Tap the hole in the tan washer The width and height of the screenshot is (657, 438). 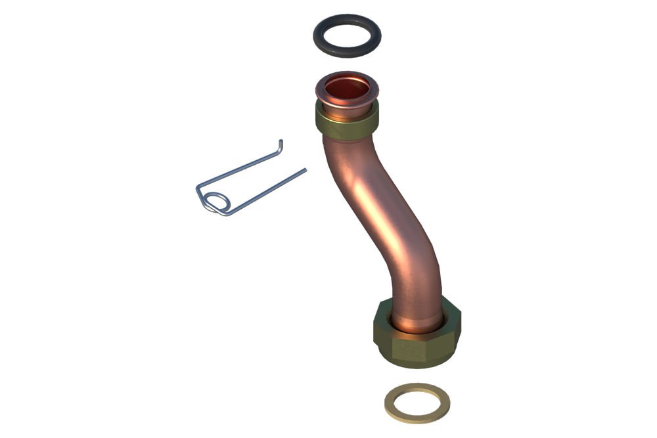417,402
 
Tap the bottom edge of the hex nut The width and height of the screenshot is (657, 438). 420,364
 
